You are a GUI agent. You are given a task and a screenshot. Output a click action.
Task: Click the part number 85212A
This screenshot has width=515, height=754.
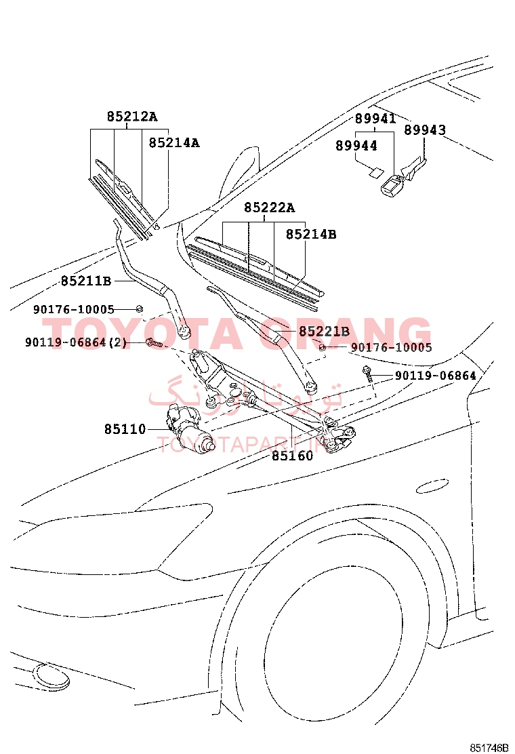click(132, 117)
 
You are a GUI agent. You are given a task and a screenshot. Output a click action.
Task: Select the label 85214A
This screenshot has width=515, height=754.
click(174, 143)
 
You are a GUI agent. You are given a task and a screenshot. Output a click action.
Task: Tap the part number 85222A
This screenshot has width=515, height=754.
click(270, 207)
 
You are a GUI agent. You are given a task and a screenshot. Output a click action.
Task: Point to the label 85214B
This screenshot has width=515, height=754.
click(311, 234)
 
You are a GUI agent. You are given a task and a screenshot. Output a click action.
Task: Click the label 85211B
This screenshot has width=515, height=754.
click(86, 281)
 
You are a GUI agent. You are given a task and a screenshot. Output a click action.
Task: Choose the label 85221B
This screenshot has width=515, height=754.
click(325, 332)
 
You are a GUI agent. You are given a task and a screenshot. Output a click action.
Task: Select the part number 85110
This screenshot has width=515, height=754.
click(125, 429)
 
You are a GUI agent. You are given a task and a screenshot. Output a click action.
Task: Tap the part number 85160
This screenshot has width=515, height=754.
click(293, 456)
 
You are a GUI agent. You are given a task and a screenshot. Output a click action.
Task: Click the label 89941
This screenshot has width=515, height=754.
click(375, 118)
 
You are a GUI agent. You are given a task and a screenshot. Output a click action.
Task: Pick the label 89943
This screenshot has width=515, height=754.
click(425, 130)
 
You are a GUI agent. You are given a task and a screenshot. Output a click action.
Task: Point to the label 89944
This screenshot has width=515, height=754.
click(356, 145)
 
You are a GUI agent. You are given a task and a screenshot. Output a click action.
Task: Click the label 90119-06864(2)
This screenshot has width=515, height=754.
click(76, 342)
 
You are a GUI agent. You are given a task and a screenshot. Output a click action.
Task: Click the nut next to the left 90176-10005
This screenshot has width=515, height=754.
click(140, 309)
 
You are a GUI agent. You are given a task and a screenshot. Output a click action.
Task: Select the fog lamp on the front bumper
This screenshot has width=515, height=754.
click(52, 676)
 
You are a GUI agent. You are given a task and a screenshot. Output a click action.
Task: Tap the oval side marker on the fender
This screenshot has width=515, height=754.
click(432, 486)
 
